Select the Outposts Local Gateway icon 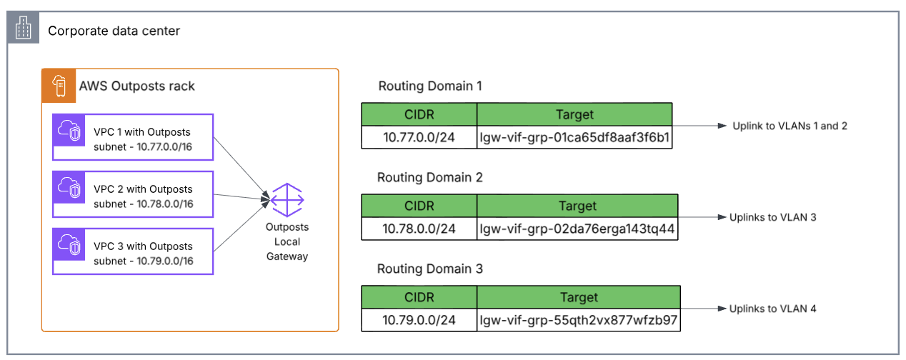(287, 199)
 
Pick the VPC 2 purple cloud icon (69, 188)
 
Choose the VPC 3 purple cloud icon (69, 245)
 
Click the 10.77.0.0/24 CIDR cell (419, 137)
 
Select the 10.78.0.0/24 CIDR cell (419, 229)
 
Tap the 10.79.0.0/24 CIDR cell (419, 320)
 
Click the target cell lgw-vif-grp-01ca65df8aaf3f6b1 (574, 137)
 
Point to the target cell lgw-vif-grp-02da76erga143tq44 (577, 229)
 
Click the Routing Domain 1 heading (429, 86)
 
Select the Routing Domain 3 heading (429, 269)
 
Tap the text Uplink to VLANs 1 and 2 (789, 126)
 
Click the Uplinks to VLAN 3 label (772, 217)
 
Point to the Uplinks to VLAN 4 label (772, 309)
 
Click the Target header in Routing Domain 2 (577, 206)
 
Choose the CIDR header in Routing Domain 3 (419, 297)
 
